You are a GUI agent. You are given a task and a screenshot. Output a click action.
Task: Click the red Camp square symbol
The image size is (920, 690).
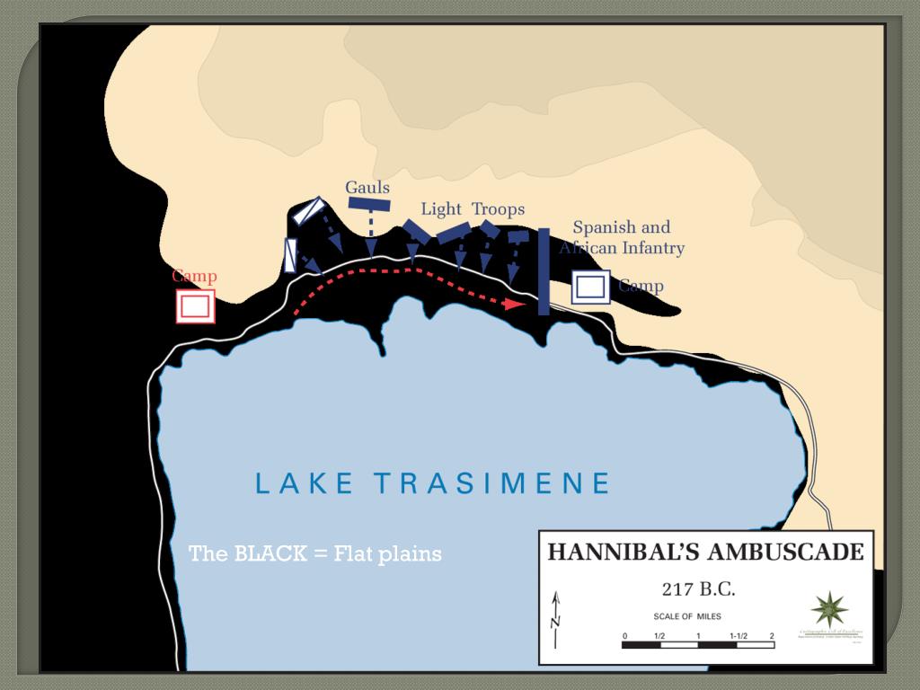195,306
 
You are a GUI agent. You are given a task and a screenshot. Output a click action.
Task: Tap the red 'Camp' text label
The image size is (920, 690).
194,276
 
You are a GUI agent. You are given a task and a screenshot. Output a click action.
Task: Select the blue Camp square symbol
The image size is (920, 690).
590,287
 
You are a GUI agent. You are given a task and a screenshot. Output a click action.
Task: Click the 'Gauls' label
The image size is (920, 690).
367,188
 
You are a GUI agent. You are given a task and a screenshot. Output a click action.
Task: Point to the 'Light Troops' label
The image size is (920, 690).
473,209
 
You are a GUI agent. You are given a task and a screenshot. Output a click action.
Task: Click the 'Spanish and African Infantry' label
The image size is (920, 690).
622,238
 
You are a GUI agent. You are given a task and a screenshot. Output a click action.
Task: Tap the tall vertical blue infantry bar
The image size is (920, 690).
544,271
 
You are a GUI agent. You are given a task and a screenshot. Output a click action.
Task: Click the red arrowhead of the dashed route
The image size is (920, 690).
514,304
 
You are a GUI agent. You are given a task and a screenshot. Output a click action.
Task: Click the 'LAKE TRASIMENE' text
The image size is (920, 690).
433,483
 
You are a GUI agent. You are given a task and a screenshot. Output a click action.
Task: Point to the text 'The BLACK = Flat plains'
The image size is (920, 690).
314,553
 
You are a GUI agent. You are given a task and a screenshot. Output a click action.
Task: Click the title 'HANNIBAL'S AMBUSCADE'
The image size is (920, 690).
705,552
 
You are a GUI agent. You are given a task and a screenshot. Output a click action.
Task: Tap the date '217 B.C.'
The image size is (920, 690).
698,589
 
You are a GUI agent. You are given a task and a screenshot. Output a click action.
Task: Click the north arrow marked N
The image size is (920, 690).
556,620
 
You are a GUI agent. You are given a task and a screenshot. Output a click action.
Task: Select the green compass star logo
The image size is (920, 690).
829,609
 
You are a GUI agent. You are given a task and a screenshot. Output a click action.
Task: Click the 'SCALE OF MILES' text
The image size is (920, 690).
687,617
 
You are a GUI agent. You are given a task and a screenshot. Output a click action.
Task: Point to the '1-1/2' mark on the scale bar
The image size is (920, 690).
739,636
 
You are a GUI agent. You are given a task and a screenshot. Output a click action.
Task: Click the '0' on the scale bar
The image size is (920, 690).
624,636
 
